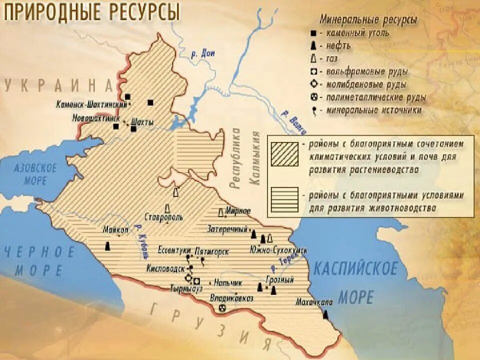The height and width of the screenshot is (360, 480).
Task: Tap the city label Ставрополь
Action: coord(164,217)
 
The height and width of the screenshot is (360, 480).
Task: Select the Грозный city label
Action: coord(279,279)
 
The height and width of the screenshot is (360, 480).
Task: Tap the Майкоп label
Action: coord(116,230)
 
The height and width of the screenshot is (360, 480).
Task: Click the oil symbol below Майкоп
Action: coord(107,246)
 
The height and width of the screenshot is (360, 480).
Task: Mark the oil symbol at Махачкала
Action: coord(325,314)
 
